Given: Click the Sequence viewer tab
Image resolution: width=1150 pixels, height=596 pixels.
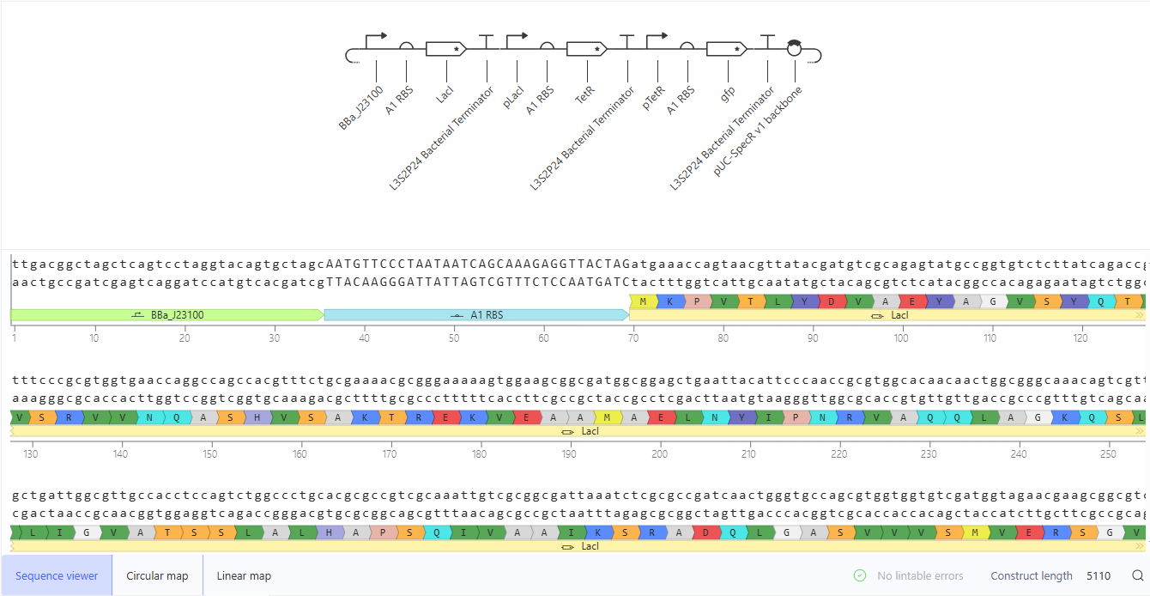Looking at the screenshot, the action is point(57,575).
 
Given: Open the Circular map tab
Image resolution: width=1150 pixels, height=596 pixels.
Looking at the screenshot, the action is point(157,575).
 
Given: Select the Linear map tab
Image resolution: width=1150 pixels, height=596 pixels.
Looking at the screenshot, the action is point(244,575).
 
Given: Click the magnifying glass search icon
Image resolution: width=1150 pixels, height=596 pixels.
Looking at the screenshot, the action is point(1138,575).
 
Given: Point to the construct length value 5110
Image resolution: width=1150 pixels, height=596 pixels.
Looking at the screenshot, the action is point(1099,576).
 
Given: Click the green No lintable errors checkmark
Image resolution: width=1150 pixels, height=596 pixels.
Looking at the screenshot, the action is point(860,575).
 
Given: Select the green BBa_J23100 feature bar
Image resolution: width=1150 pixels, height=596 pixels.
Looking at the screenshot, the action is point(166,315).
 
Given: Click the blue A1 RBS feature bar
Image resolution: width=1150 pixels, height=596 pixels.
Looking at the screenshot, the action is point(476,315).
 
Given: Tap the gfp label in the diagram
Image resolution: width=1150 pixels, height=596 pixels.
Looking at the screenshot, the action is point(728,94).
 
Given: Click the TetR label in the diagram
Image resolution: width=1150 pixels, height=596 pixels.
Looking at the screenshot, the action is point(584,94).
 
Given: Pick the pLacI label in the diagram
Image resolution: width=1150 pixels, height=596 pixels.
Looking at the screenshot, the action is point(513,97).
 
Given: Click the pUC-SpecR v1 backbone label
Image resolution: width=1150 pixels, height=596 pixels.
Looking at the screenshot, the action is point(757,131).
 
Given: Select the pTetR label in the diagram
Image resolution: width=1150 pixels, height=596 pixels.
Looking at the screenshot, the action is point(653,98).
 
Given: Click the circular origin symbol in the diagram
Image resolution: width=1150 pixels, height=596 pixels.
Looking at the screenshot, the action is point(794,48).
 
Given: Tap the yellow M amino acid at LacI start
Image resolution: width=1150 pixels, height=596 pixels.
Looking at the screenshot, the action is point(643,301).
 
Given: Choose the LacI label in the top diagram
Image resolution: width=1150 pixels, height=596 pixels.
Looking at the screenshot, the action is point(445,94).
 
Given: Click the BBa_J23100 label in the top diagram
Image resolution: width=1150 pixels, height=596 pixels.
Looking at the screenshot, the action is point(361,108).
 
